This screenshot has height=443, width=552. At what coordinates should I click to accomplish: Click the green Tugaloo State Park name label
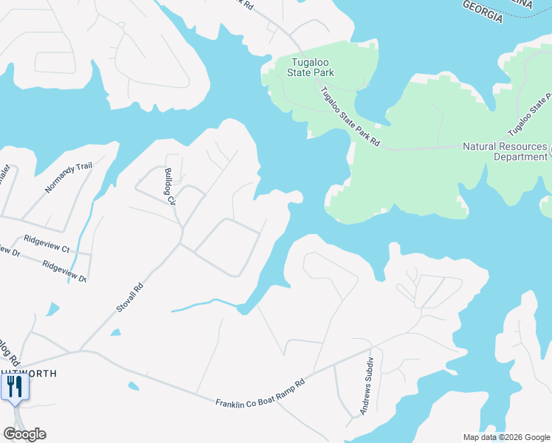311,67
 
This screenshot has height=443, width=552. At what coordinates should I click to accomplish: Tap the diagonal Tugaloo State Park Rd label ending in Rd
349,117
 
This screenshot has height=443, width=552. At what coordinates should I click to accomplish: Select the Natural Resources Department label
505,151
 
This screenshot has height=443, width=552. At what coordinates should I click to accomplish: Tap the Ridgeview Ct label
46,243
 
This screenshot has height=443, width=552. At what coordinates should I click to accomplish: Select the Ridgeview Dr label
64,271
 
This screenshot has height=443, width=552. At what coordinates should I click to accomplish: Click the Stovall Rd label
128,297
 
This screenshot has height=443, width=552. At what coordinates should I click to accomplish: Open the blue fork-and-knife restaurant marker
15,388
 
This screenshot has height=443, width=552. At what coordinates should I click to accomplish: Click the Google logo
24,434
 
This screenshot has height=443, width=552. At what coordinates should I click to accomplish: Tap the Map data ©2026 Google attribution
506,437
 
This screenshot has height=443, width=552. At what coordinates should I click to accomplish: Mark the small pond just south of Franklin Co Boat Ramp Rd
132,385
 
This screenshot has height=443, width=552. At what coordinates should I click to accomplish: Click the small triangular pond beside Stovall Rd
115,333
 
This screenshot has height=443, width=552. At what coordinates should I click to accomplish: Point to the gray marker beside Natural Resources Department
550,151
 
